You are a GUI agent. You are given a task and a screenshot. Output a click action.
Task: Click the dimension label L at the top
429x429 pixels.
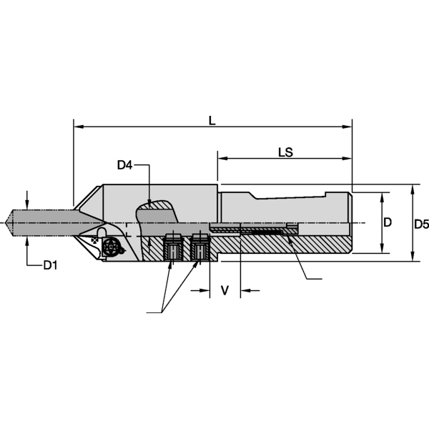212,121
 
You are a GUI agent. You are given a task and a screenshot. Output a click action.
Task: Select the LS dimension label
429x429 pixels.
285,152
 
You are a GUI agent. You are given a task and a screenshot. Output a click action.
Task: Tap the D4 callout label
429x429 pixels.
125,166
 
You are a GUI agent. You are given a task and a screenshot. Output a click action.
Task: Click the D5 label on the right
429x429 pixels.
421,225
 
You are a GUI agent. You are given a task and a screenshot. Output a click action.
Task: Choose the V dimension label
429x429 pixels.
225,290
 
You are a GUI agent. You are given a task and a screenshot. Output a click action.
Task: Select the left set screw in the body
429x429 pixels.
172,249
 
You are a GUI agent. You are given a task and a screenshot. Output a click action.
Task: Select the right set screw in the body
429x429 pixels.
199,249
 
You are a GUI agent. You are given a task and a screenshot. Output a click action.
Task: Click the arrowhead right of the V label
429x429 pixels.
245,290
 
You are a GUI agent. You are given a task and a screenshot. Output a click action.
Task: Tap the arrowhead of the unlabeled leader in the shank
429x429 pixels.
290,237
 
